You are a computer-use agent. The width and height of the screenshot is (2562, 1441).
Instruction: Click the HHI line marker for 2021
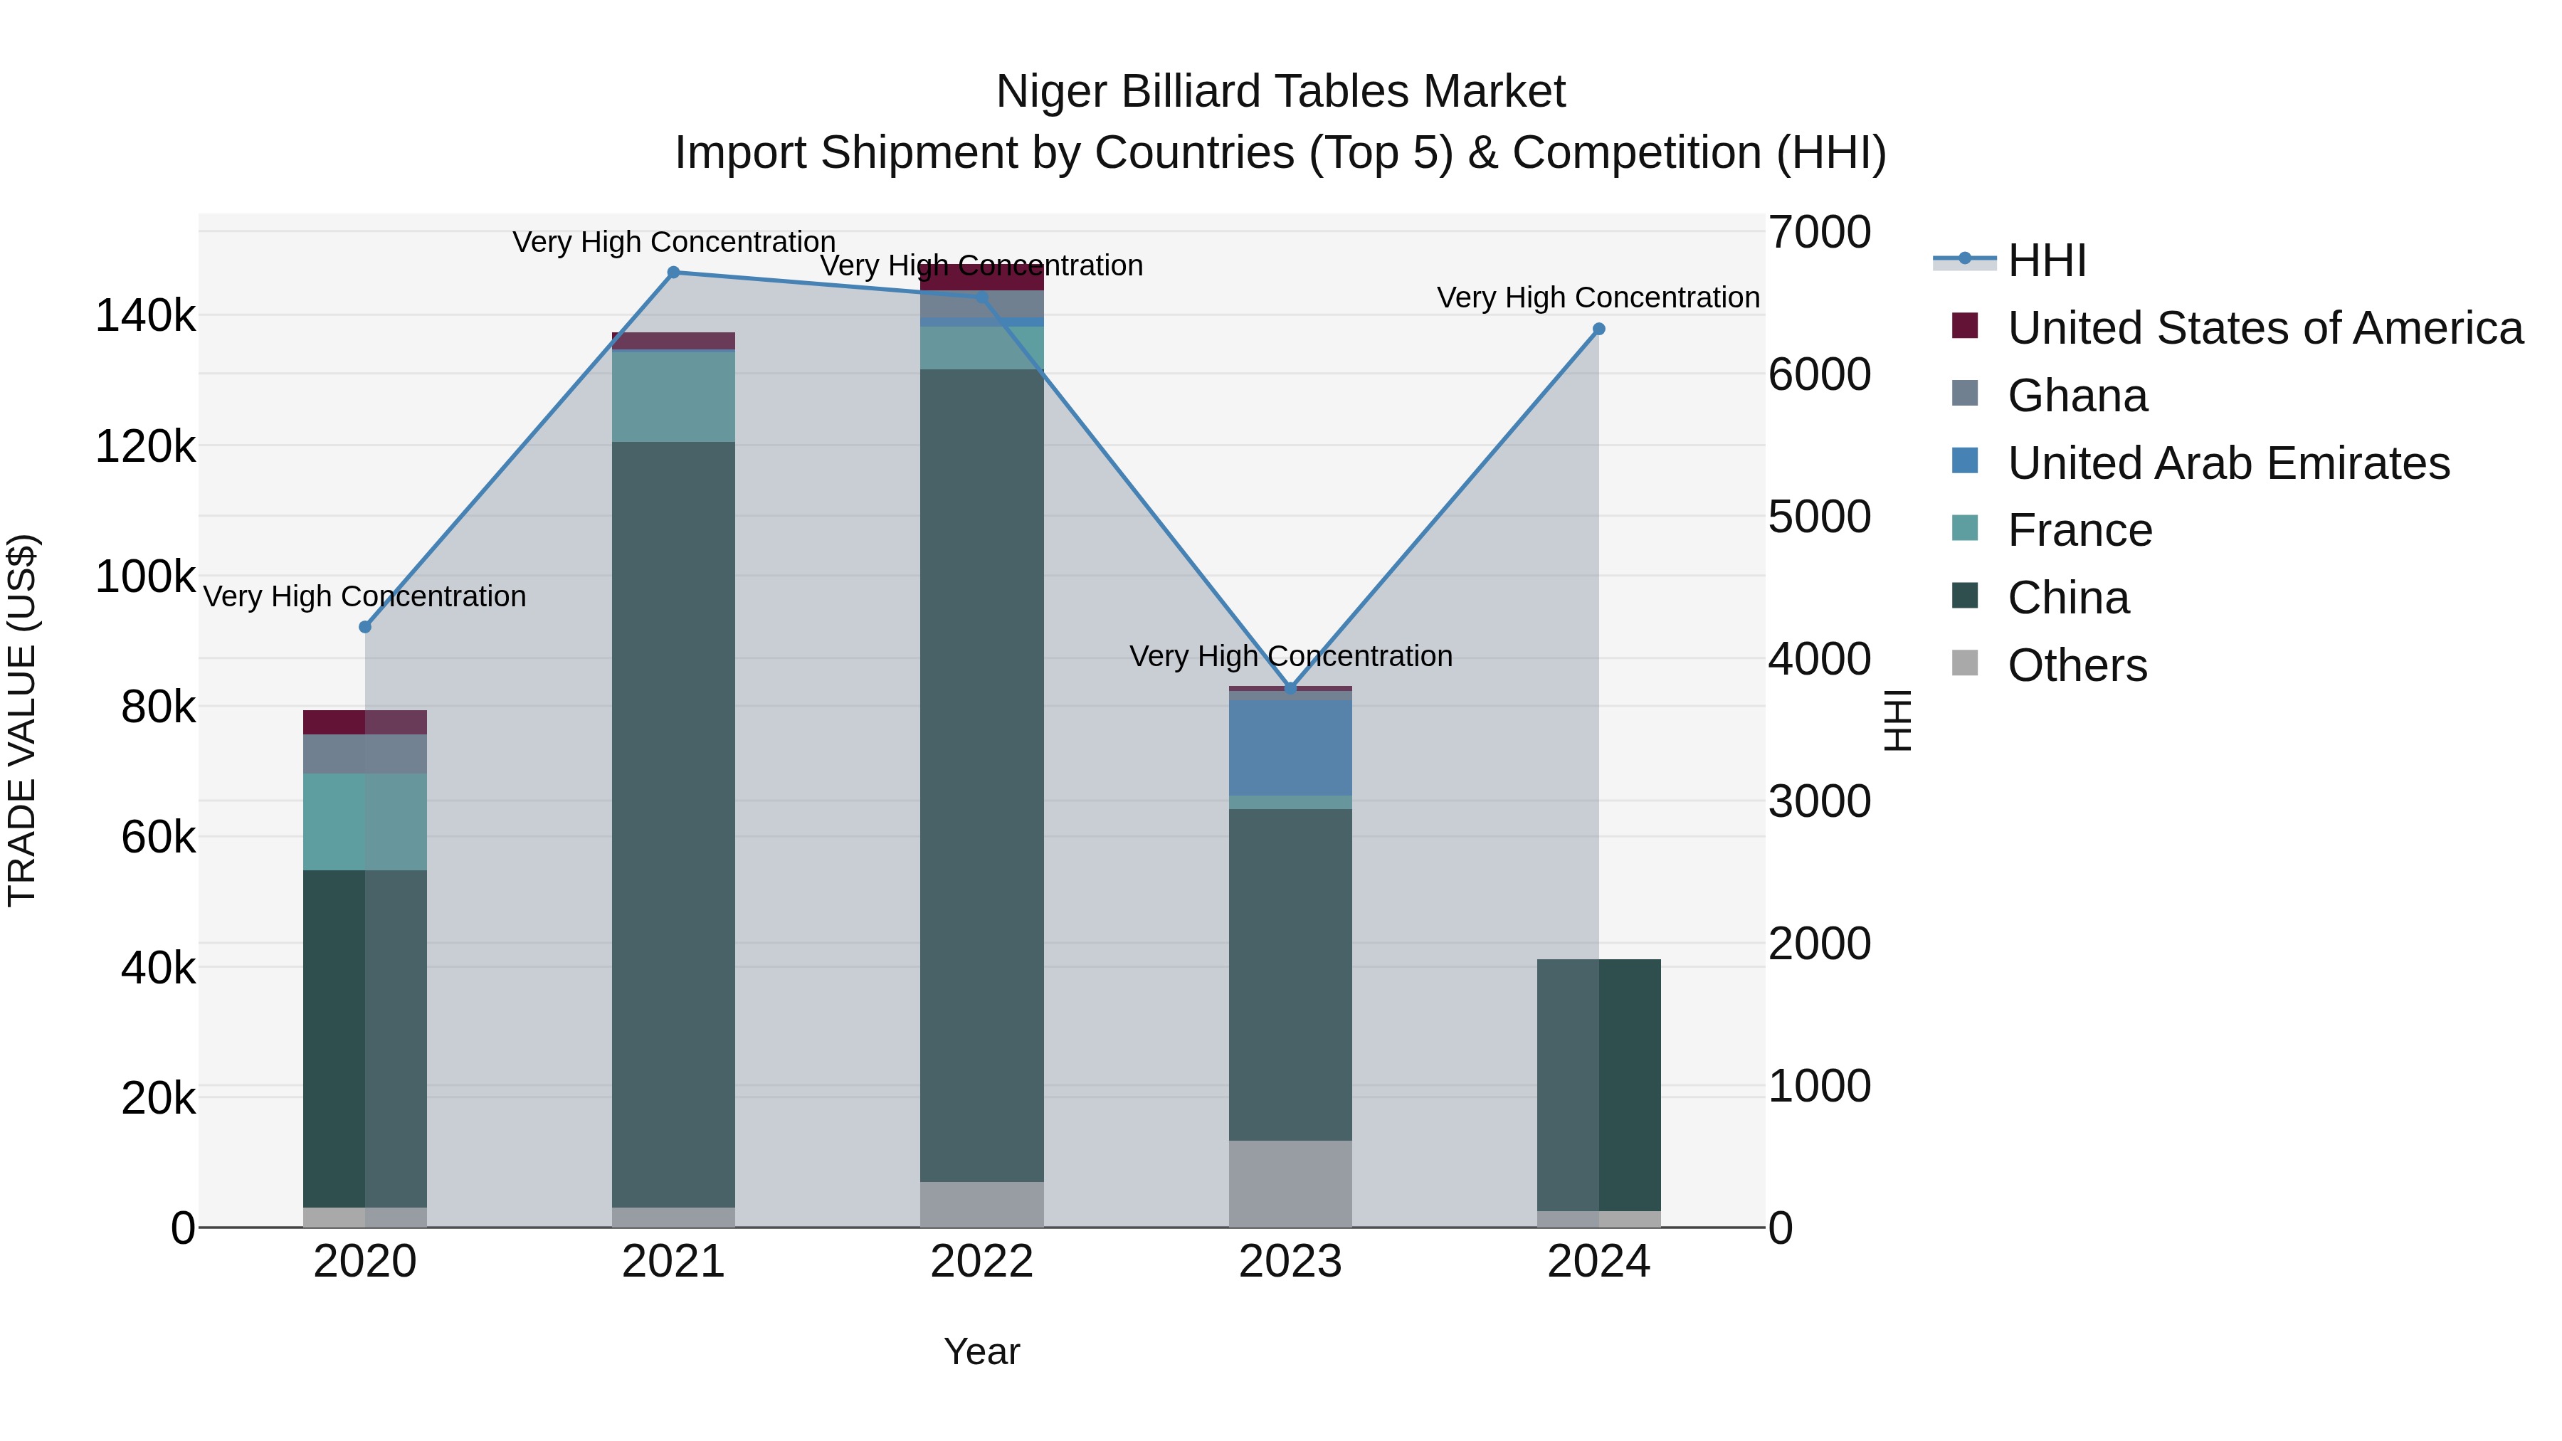[x=673, y=273]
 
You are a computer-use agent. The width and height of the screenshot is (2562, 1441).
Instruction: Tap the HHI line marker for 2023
[x=1291, y=688]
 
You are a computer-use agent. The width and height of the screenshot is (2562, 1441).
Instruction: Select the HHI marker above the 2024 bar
[x=1599, y=329]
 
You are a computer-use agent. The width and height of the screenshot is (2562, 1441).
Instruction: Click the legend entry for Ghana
[x=2077, y=396]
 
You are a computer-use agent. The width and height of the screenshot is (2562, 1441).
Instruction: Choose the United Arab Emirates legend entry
[x=2228, y=463]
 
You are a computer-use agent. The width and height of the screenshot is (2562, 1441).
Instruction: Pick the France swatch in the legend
[x=1965, y=528]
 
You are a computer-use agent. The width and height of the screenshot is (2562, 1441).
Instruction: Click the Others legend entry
[x=2077, y=665]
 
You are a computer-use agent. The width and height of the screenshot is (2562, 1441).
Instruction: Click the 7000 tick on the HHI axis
[x=1819, y=232]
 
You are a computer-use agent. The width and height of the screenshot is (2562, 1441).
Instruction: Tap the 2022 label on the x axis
[x=981, y=1262]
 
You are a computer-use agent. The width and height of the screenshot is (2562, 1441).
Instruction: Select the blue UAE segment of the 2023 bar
[x=1291, y=748]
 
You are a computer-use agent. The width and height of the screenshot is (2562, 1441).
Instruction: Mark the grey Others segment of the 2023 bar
[x=1291, y=1183]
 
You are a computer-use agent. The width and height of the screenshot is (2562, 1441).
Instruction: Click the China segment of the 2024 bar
[x=1599, y=1084]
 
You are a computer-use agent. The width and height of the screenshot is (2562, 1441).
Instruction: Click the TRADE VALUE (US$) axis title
[x=22, y=720]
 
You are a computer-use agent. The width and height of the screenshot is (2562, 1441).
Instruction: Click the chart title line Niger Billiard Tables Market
[x=1280, y=92]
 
